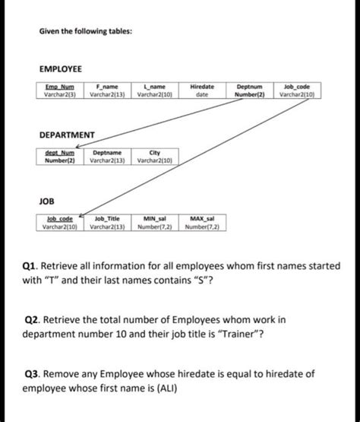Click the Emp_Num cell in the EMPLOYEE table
pos(61,91)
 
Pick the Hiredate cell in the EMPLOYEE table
pos(202,91)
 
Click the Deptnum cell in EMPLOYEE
pos(251,91)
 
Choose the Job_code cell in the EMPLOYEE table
pos(298,91)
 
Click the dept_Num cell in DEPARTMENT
pos(61,157)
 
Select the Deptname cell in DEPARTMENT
pos(110,157)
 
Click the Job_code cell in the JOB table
pos(61,222)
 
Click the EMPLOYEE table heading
pos(61,68)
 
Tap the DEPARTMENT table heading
pos(67,135)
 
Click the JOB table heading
pos(47,200)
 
